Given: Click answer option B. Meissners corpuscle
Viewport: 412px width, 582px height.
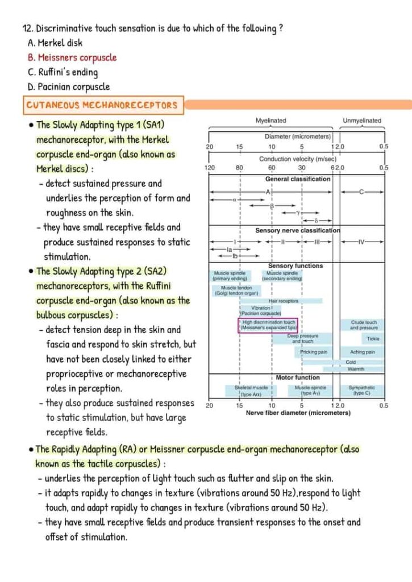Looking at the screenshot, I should coord(72,57).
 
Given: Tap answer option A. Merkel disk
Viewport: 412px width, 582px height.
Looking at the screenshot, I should coord(55,43).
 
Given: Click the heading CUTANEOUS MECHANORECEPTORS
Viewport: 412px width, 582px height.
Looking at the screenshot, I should coord(102,105).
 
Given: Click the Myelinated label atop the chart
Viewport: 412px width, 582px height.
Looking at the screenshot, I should coord(271,120).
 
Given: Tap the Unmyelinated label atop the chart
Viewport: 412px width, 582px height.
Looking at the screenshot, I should coord(362,120).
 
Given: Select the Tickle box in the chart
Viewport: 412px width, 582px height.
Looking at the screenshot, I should coord(373,339).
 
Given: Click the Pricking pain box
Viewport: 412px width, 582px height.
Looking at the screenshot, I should coord(314,352).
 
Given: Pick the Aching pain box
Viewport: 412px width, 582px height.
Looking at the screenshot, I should coord(362,352).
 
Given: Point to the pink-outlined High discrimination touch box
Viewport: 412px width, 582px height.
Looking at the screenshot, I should coord(268,325).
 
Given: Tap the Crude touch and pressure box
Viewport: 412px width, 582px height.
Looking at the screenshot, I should coord(364,325).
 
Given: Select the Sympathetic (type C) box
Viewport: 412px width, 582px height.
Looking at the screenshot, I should coord(361,390).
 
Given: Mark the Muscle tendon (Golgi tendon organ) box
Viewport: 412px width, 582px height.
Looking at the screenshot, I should coord(236,290).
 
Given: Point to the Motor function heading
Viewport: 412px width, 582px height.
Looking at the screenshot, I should coord(298,377).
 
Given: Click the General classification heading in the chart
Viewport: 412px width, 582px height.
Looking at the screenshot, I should coord(298,179).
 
